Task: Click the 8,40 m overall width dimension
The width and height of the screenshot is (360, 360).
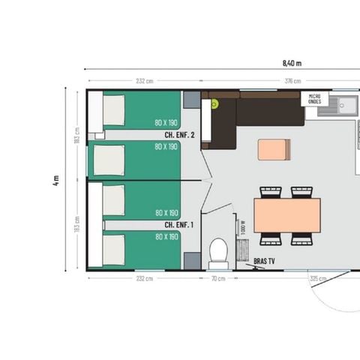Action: pyautogui.click(x=292, y=63)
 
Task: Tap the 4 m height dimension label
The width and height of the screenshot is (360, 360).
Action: pyautogui.click(x=56, y=181)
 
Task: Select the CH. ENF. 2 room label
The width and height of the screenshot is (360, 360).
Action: pyautogui.click(x=179, y=135)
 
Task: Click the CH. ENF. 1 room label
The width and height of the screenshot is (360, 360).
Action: pyautogui.click(x=179, y=224)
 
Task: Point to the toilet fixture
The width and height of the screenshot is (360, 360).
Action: pyautogui.click(x=218, y=253)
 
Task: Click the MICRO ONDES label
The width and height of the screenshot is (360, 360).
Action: pyautogui.click(x=315, y=99)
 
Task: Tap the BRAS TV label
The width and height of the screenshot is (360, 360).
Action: pyautogui.click(x=264, y=261)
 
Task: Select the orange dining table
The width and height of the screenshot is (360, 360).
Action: pyautogui.click(x=287, y=215)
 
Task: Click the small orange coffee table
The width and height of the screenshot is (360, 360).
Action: pyautogui.click(x=271, y=149)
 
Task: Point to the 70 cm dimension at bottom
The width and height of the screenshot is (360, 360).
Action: pyautogui.click(x=218, y=278)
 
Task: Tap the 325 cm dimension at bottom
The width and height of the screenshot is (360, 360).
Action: pyautogui.click(x=317, y=278)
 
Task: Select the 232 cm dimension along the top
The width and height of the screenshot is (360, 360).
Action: pyautogui.click(x=145, y=81)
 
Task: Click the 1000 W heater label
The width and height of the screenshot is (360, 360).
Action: pyautogui.click(x=244, y=226)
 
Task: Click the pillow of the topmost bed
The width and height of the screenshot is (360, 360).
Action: pyautogui.click(x=113, y=110)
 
